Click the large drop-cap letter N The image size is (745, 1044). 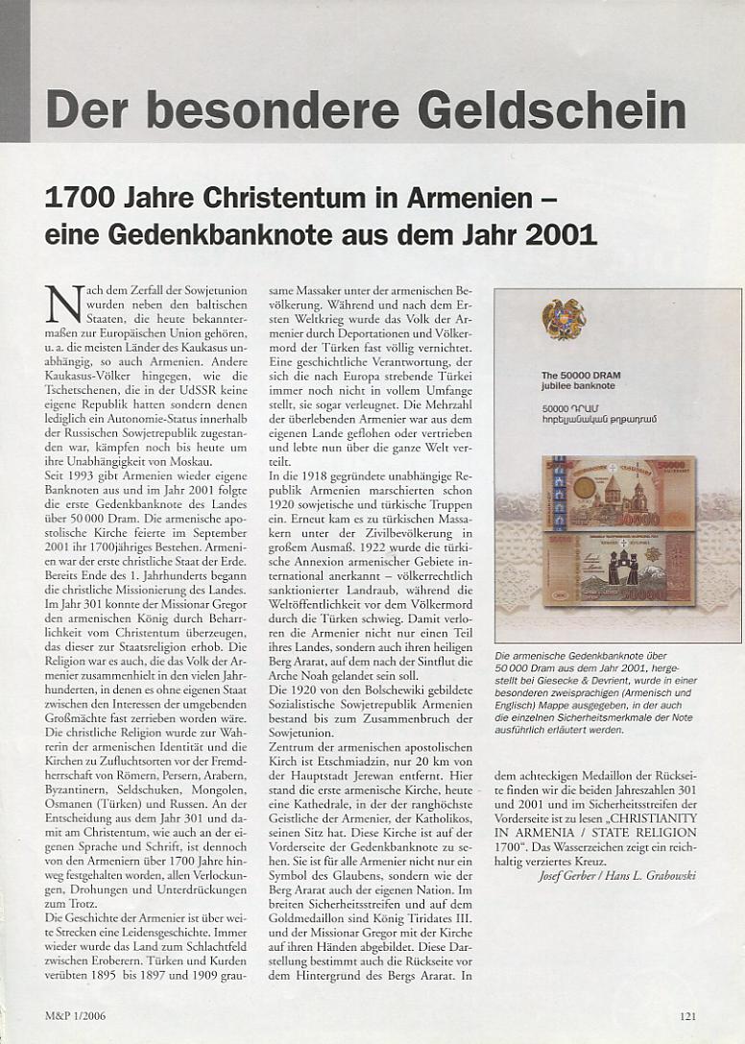(62, 304)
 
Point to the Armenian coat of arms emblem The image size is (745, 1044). (564, 319)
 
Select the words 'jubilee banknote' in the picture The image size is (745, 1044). (578, 386)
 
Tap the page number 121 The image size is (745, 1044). (687, 1016)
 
